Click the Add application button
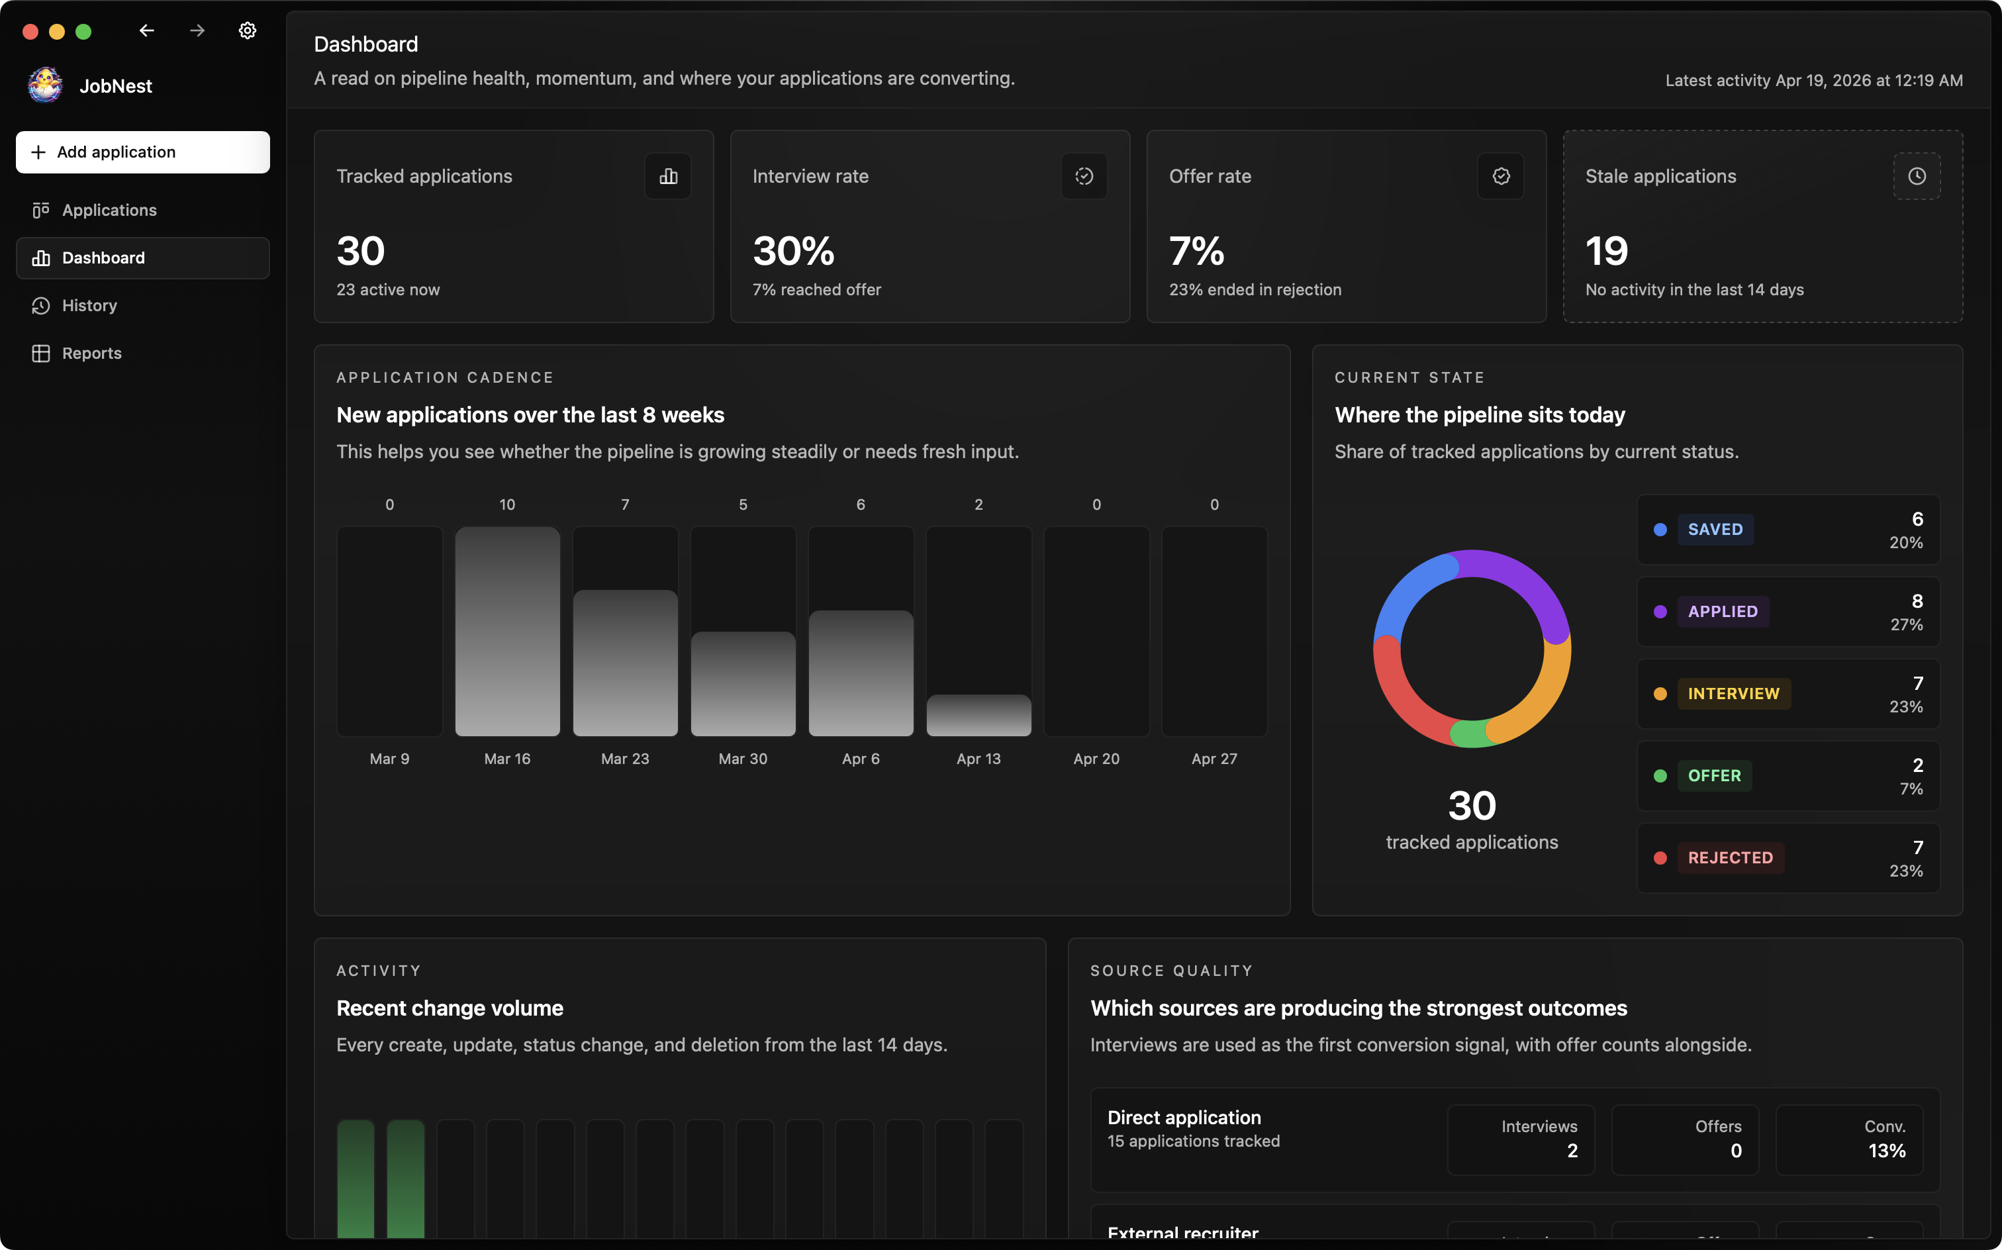click(142, 152)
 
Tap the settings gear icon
click(247, 30)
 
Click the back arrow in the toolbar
click(146, 30)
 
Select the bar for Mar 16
click(508, 632)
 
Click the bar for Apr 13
click(978, 715)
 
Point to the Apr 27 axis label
click(1214, 759)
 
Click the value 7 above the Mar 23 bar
click(625, 505)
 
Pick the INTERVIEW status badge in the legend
click(1733, 694)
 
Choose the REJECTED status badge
click(1730, 858)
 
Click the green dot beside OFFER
click(1660, 775)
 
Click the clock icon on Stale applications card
click(1917, 176)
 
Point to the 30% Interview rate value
click(794, 252)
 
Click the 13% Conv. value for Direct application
click(1887, 1151)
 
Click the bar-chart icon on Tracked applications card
click(668, 176)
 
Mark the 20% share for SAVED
click(1906, 543)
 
